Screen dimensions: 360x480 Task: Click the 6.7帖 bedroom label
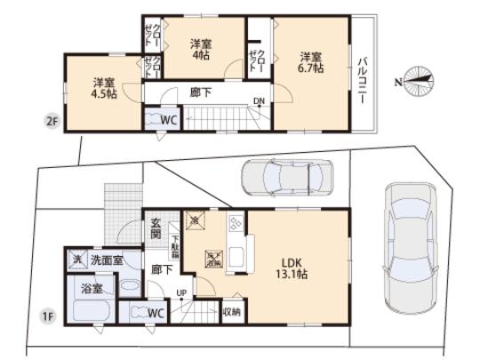point(310,63)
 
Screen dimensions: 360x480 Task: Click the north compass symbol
point(417,80)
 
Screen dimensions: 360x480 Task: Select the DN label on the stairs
point(259,101)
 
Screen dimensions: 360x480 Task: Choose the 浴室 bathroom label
point(92,288)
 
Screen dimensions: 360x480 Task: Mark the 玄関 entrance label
point(156,230)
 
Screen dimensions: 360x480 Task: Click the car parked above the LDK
point(286,178)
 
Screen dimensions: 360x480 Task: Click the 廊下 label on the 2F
point(201,90)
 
